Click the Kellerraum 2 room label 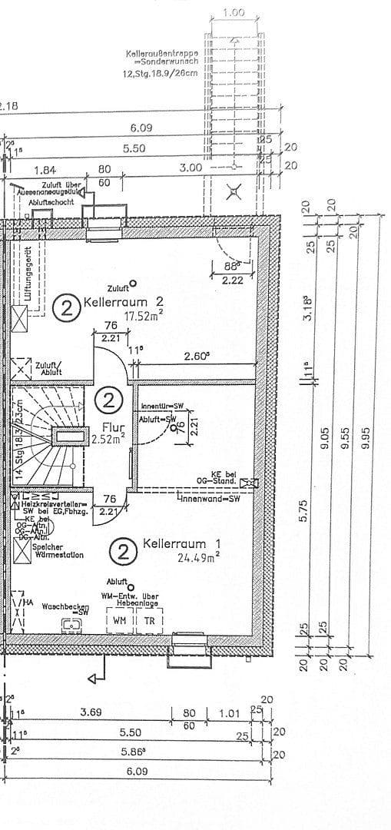tap(124, 301)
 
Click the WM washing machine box tap(119, 619)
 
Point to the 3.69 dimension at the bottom tap(91, 712)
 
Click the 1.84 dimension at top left tap(45, 170)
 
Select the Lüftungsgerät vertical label tap(28, 274)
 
